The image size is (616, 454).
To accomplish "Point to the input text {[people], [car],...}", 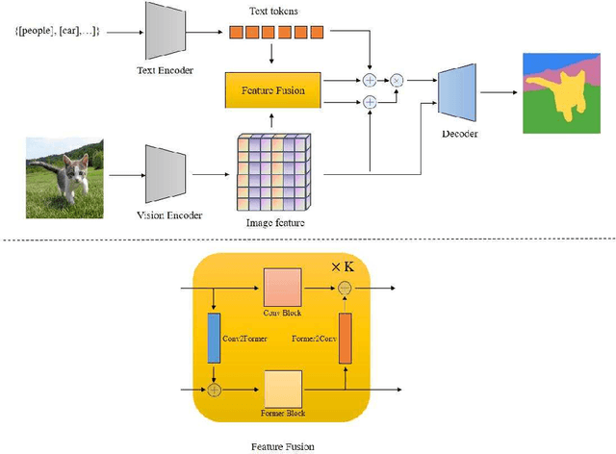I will click(56, 32).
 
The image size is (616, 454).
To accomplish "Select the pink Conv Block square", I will click(281, 288).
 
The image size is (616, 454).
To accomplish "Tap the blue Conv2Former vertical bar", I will click(214, 339).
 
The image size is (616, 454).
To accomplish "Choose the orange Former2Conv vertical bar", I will click(346, 339).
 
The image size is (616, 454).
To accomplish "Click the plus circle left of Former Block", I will click(215, 389).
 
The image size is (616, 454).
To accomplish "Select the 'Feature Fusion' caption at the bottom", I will click(282, 445).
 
